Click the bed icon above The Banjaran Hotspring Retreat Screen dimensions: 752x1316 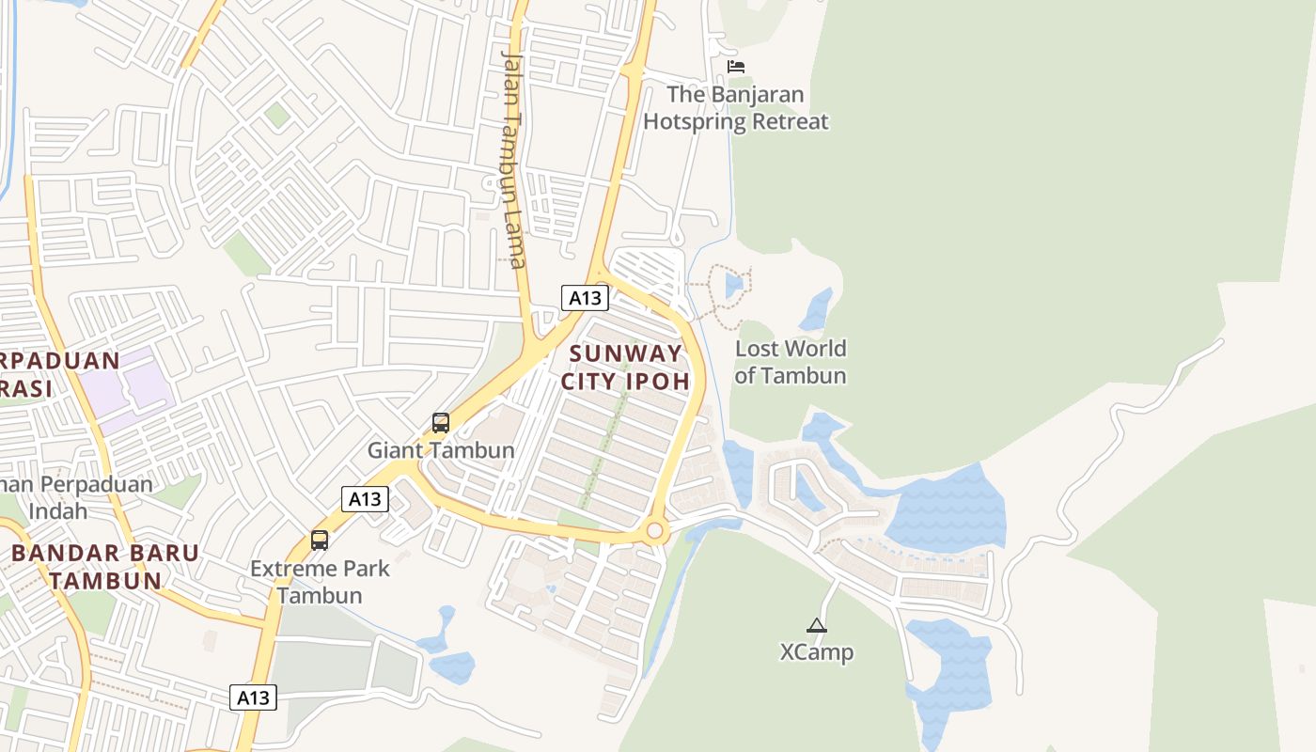[x=736, y=67]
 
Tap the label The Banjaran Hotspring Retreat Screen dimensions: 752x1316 [x=736, y=108]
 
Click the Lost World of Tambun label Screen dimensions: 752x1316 [x=791, y=362]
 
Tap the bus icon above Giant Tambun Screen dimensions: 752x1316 [x=441, y=423]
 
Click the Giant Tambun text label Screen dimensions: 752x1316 [x=441, y=450]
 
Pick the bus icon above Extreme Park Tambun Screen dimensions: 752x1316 [x=320, y=540]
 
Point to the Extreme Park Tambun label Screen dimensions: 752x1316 [x=320, y=582]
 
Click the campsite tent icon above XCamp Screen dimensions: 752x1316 [x=817, y=625]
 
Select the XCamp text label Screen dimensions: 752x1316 [x=817, y=651]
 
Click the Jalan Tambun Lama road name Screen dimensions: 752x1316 [x=512, y=160]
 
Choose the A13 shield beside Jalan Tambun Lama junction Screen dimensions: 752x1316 [x=585, y=298]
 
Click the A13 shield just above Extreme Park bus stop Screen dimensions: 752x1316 [x=365, y=498]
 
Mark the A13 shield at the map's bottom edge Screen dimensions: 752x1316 [x=253, y=697]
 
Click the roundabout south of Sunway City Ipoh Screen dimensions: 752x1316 [x=655, y=531]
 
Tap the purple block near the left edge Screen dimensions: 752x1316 [x=127, y=385]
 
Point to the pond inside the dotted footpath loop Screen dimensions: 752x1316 [x=733, y=285]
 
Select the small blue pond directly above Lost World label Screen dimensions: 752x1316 [x=816, y=308]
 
